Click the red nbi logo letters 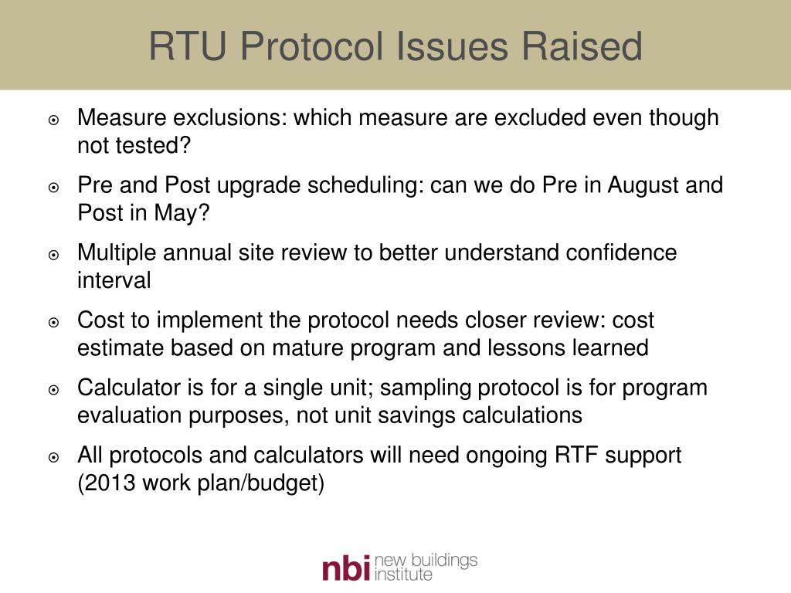pyautogui.click(x=345, y=568)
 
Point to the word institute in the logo pyautogui.click(x=402, y=574)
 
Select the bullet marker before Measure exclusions pyautogui.click(x=54, y=120)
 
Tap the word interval pyautogui.click(x=114, y=280)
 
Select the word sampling pyautogui.click(x=427, y=388)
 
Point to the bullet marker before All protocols pyautogui.click(x=54, y=457)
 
